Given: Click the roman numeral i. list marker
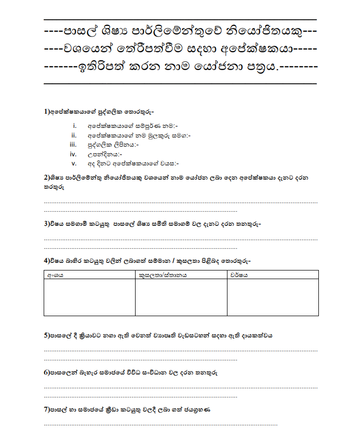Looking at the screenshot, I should pyautogui.click(x=74, y=125).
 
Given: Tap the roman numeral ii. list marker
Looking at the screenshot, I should pyautogui.click(x=74, y=135).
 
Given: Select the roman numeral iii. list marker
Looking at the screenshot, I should pyautogui.click(x=73, y=145).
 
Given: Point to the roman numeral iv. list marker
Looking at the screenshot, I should pyautogui.click(x=73, y=154).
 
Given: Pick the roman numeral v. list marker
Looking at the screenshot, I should pyautogui.click(x=74, y=163).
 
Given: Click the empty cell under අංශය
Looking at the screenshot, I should pyautogui.click(x=89, y=297).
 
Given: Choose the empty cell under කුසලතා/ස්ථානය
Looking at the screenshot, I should pyautogui.click(x=181, y=297).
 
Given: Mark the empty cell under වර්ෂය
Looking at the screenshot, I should pyautogui.click(x=273, y=297).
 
